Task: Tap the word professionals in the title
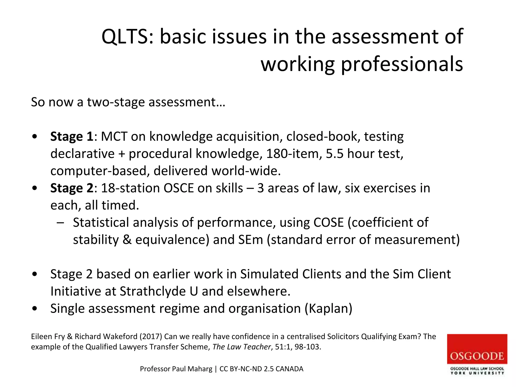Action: [x=402, y=64]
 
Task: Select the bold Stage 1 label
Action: [x=72, y=137]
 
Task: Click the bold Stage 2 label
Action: [x=72, y=188]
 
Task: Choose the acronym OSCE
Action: [x=179, y=188]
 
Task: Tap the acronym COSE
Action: [x=329, y=222]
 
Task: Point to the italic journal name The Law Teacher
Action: [x=241, y=347]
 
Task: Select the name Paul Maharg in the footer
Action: [x=192, y=369]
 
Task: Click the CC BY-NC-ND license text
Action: [x=241, y=369]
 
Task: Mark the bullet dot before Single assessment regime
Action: [x=35, y=308]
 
